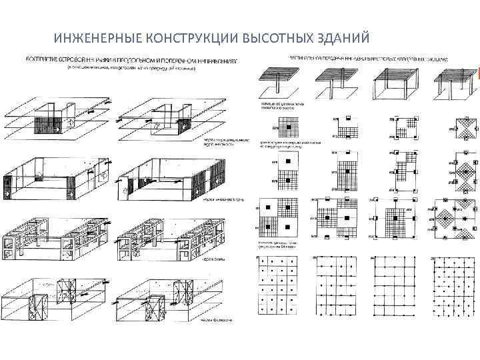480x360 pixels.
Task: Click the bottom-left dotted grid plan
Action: (x=279, y=285)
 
